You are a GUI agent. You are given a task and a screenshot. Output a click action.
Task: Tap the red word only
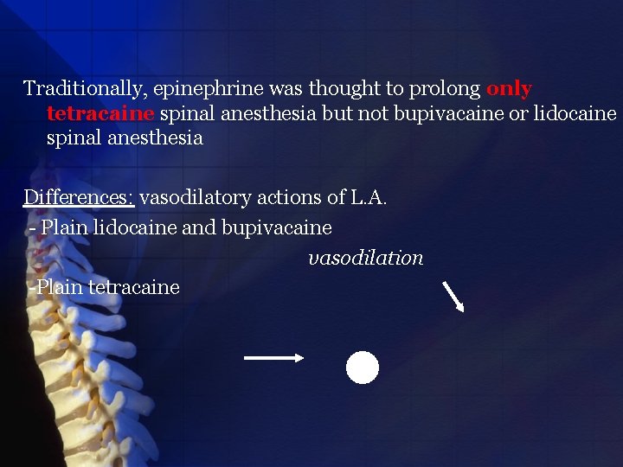pyautogui.click(x=509, y=89)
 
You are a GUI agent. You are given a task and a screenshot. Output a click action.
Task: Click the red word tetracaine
pyautogui.click(x=100, y=114)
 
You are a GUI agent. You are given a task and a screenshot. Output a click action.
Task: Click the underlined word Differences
pyautogui.click(x=78, y=198)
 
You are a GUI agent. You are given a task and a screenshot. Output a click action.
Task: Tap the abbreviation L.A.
pyautogui.click(x=369, y=198)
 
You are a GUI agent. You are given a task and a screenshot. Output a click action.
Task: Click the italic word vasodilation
pyautogui.click(x=366, y=259)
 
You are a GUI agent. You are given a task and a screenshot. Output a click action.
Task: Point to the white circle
pyautogui.click(x=363, y=368)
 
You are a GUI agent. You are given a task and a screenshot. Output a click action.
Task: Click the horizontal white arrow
pyautogui.click(x=273, y=357)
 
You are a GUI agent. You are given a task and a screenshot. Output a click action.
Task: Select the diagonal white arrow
pyautogui.click(x=453, y=296)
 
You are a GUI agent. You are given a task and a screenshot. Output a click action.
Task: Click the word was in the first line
pyautogui.click(x=290, y=89)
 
